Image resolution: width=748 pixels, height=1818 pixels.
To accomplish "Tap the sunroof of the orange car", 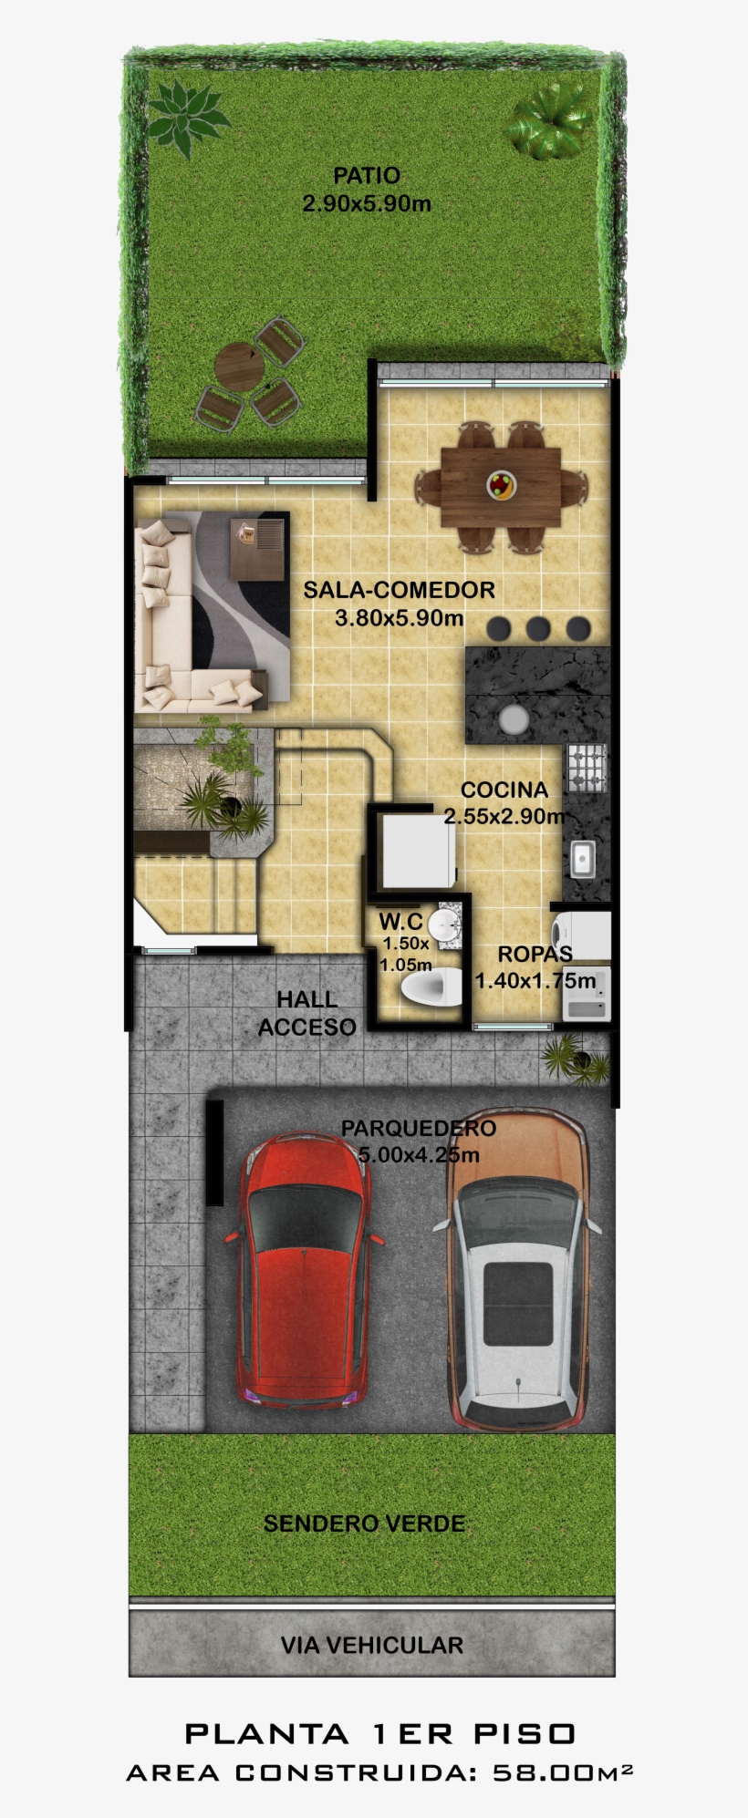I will coord(517,1303).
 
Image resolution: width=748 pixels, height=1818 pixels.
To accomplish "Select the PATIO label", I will coord(366,175).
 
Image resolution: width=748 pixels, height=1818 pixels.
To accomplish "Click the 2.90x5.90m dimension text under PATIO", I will coord(366,203).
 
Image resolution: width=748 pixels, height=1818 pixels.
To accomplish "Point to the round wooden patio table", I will coord(239,367).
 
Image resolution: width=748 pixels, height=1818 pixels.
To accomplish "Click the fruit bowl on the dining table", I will coord(501,484).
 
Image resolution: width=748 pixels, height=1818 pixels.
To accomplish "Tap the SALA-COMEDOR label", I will coord(399,590).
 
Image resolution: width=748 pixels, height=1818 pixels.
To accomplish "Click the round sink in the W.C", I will coord(444,923).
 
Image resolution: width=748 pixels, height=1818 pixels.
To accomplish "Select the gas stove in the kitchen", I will coord(587,767).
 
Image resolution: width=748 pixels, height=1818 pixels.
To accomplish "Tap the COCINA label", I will coord(504,790).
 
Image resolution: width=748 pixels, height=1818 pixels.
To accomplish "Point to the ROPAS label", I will coord(535,955).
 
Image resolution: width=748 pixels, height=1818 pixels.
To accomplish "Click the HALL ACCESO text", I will coord(306,1013).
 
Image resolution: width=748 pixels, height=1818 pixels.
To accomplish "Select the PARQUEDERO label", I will coord(419,1128).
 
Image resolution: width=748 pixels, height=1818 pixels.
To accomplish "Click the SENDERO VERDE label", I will coord(364,1524).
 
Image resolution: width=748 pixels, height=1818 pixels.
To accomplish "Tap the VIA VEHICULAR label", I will coord(371,1645).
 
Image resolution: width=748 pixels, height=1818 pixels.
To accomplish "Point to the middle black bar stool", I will coord(538,628).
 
